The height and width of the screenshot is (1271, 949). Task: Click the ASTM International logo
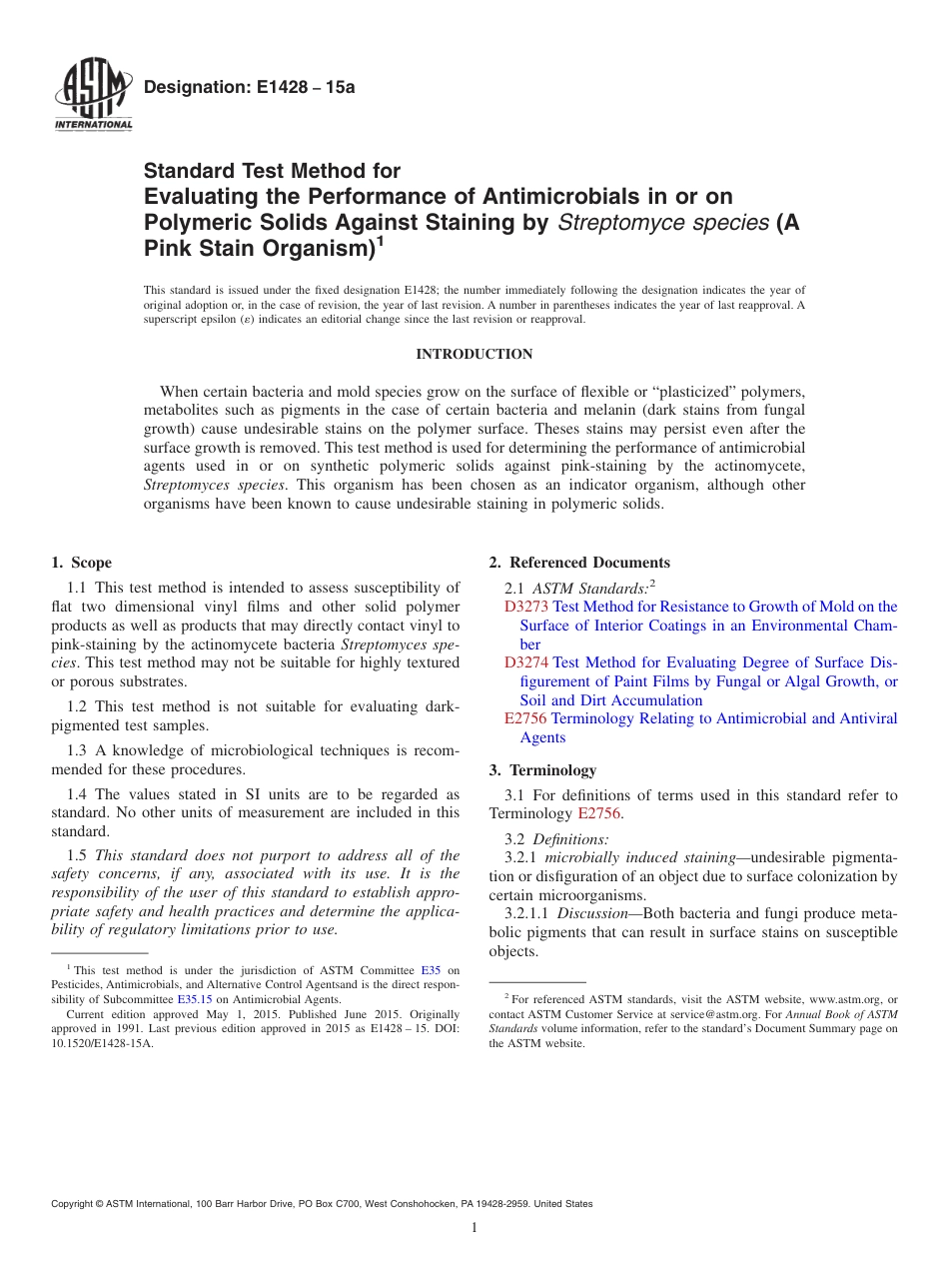pos(93,96)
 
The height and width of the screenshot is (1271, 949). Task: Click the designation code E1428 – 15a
pos(249,87)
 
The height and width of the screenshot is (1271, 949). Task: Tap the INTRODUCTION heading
pos(474,355)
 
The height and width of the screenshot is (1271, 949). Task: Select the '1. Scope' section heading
pos(82,563)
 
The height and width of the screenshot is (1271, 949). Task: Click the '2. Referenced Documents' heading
pos(579,563)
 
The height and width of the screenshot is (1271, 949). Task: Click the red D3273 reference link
pos(526,607)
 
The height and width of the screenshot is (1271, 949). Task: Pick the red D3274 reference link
pos(526,662)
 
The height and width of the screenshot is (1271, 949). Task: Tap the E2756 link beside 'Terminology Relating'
pos(525,718)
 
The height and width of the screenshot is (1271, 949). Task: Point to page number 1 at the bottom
pos(474,1227)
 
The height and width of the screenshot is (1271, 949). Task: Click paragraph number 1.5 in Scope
pos(77,855)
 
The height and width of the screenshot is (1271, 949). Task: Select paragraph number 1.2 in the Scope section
pos(77,707)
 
